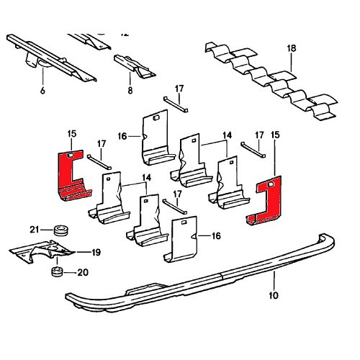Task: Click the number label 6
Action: click(x=42, y=91)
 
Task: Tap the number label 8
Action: click(x=130, y=91)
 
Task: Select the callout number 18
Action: click(x=291, y=48)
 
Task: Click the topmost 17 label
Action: click(x=180, y=89)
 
